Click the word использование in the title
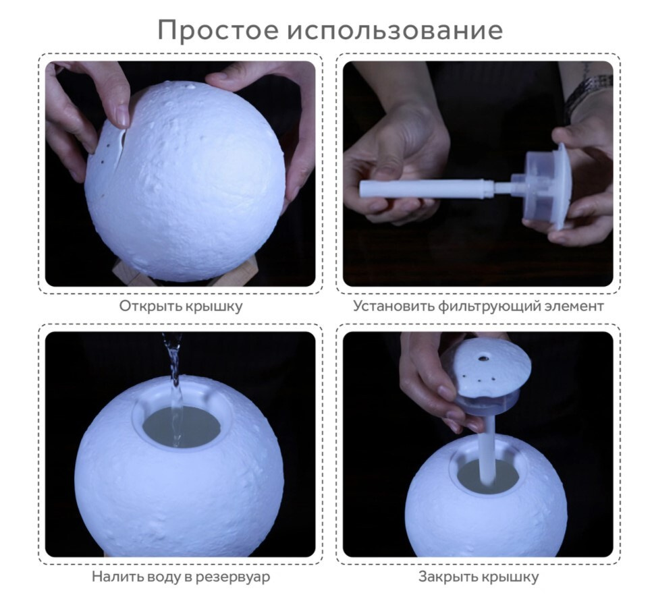(x=395, y=29)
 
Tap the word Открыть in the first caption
(x=151, y=307)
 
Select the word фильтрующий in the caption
(x=491, y=307)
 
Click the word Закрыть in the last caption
(x=448, y=577)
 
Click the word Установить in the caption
(x=393, y=307)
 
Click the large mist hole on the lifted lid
(x=483, y=357)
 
